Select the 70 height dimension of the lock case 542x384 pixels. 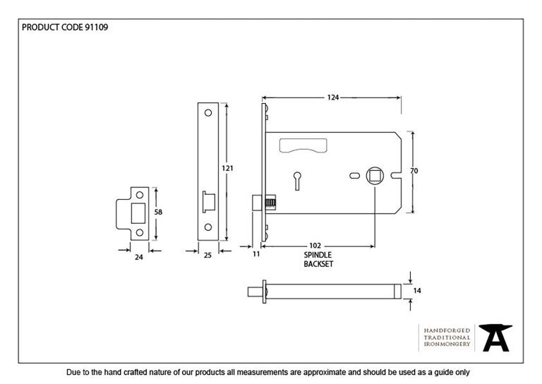[415, 170]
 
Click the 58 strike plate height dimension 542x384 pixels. [159, 212]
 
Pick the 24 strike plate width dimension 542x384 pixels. [139, 257]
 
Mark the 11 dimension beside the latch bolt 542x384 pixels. [256, 253]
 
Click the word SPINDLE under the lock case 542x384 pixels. [318, 255]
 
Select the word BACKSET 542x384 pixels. [318, 264]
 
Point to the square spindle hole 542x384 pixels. [374, 174]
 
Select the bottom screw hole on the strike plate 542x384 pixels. [140, 231]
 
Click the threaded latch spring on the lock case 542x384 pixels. [270, 202]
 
